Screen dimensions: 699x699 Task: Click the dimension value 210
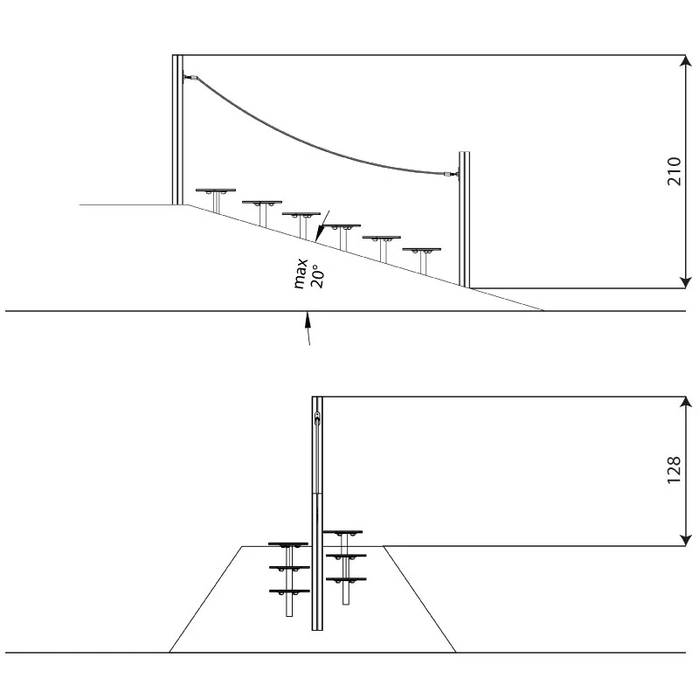[x=674, y=171]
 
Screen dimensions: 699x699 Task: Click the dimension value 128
[x=674, y=470]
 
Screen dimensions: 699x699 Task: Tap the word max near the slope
[x=301, y=273]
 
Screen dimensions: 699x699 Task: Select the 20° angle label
[x=317, y=277]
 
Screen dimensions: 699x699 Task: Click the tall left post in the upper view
[x=177, y=129]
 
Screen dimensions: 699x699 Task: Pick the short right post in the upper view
[x=465, y=220]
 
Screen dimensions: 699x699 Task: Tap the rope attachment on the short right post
[x=452, y=174]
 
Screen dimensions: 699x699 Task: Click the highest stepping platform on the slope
[x=216, y=190]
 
